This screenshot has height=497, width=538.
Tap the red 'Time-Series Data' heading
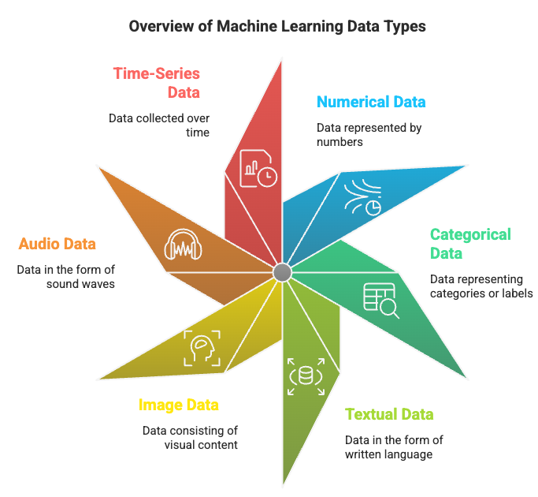click(x=157, y=83)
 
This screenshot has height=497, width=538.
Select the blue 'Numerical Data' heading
click(x=371, y=102)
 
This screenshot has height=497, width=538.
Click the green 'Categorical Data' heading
click(x=469, y=244)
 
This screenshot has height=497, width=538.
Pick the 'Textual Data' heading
click(x=389, y=415)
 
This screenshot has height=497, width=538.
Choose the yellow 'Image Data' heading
click(x=179, y=405)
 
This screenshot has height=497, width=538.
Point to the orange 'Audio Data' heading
click(x=58, y=245)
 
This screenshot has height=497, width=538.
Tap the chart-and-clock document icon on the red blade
click(x=258, y=166)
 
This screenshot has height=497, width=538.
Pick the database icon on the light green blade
click(x=302, y=376)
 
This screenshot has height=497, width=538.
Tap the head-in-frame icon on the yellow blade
click(x=202, y=348)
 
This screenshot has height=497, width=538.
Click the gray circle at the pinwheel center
click(x=282, y=272)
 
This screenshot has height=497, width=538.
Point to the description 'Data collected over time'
click(x=159, y=125)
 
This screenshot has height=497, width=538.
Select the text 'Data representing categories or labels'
click(x=481, y=286)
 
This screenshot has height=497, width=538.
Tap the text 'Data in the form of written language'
click(x=389, y=447)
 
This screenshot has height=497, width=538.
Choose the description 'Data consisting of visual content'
click(x=190, y=438)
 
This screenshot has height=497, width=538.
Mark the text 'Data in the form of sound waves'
click(x=66, y=276)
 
